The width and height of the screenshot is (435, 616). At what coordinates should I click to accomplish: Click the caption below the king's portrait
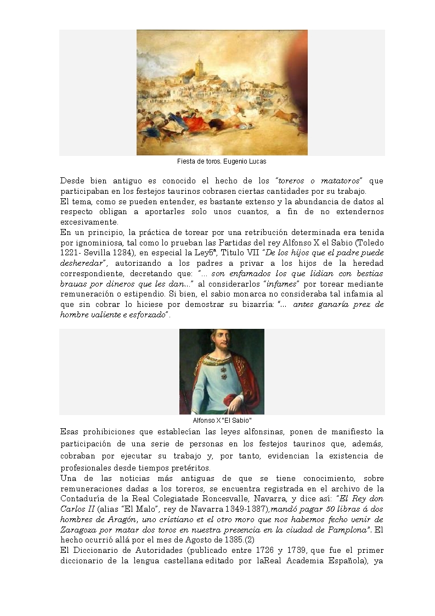[x=222, y=420]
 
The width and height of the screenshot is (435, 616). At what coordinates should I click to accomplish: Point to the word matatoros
[x=343, y=181]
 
